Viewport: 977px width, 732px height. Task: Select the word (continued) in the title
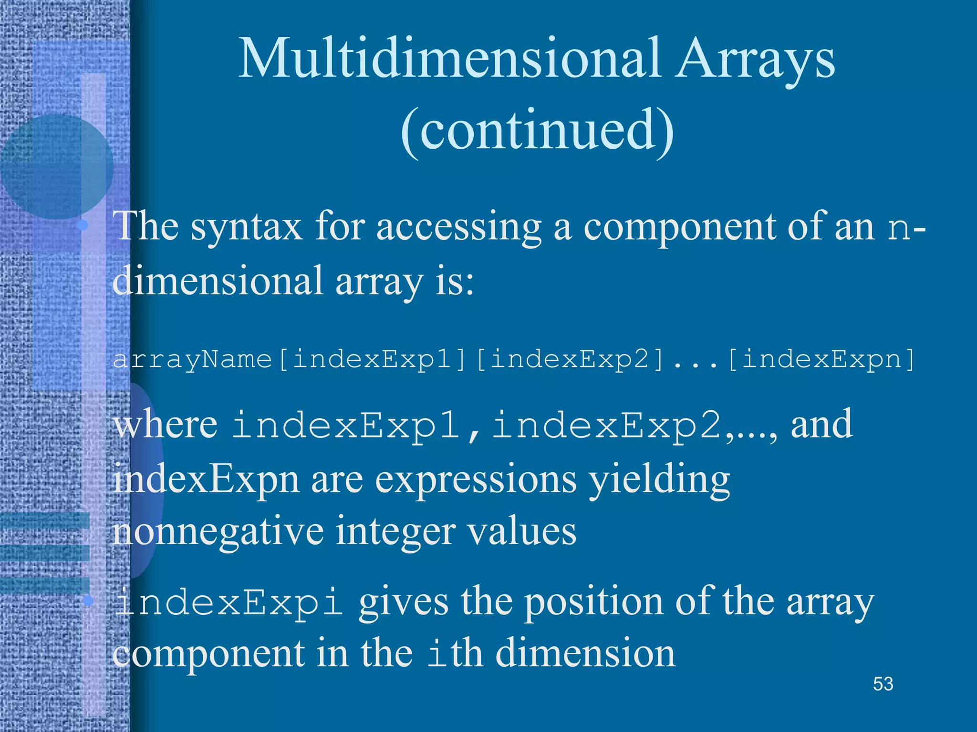(537, 130)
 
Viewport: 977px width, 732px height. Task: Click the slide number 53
(883, 684)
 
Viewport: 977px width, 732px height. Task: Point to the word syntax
(246, 228)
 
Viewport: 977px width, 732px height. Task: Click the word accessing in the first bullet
(458, 228)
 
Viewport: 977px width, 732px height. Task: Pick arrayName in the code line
(192, 360)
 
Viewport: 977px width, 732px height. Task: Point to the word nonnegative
(218, 532)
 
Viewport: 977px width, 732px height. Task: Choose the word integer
(395, 532)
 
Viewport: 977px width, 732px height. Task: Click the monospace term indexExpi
(229, 602)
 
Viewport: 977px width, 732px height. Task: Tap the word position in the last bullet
(594, 602)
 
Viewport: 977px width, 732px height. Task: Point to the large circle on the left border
(56, 166)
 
